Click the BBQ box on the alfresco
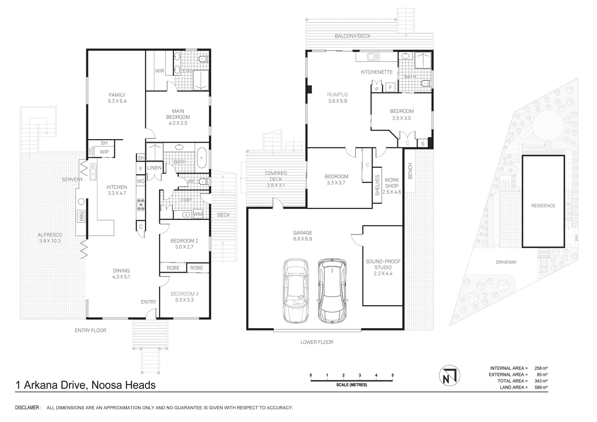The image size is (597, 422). pyautogui.click(x=82, y=216)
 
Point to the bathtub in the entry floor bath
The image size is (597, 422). pyautogui.click(x=202, y=157)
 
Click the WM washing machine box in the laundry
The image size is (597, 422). pyautogui.click(x=197, y=214)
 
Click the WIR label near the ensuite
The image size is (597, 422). pyautogui.click(x=160, y=71)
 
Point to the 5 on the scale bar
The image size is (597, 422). pyautogui.click(x=393, y=376)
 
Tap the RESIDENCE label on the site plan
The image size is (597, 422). pyautogui.click(x=543, y=206)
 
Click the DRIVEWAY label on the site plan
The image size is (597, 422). pyautogui.click(x=506, y=262)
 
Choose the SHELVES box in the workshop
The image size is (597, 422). pyautogui.click(x=377, y=185)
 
